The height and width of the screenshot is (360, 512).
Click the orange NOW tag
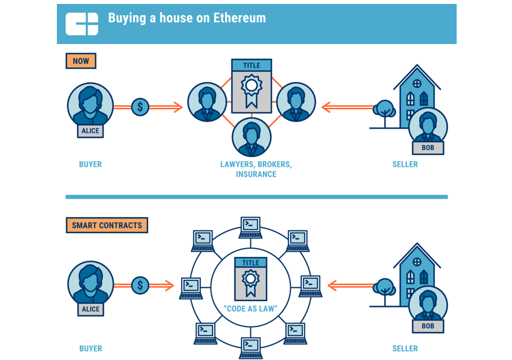coord(81,61)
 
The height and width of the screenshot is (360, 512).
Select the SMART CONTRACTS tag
coord(107,225)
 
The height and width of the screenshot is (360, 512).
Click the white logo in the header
coord(82,23)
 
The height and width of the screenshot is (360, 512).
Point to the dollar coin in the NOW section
coord(140,107)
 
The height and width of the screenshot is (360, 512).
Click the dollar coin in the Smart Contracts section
coord(140,285)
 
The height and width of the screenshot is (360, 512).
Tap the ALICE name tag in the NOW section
coord(91,131)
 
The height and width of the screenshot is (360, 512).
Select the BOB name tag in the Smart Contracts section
coord(428,326)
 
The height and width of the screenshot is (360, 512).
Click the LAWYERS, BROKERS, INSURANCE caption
coord(256,169)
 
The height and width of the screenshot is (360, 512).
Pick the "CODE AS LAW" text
coord(250,310)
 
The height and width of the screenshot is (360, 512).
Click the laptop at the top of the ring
coord(250,227)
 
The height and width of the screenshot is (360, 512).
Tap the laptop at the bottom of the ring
coord(250,347)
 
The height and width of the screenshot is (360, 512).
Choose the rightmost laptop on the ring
coord(311,286)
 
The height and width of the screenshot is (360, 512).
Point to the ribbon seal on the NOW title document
coord(251,89)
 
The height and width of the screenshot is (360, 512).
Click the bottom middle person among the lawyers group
coord(251,138)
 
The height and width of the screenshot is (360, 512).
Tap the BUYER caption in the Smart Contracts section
coord(90,349)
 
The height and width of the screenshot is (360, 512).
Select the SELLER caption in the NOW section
coord(405,165)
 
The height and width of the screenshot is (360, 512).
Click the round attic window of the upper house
coord(417,83)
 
